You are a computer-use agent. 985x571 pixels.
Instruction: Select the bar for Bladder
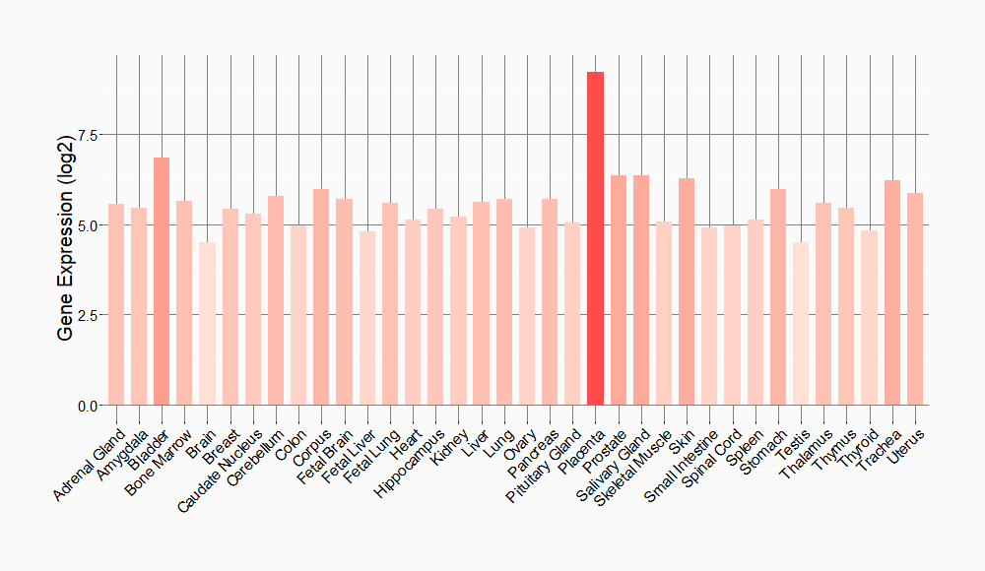[x=162, y=282]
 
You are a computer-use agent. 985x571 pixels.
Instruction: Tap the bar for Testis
[x=801, y=324]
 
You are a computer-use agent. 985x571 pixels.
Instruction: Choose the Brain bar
[x=207, y=324]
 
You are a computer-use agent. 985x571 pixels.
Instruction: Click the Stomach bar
[x=778, y=296]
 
